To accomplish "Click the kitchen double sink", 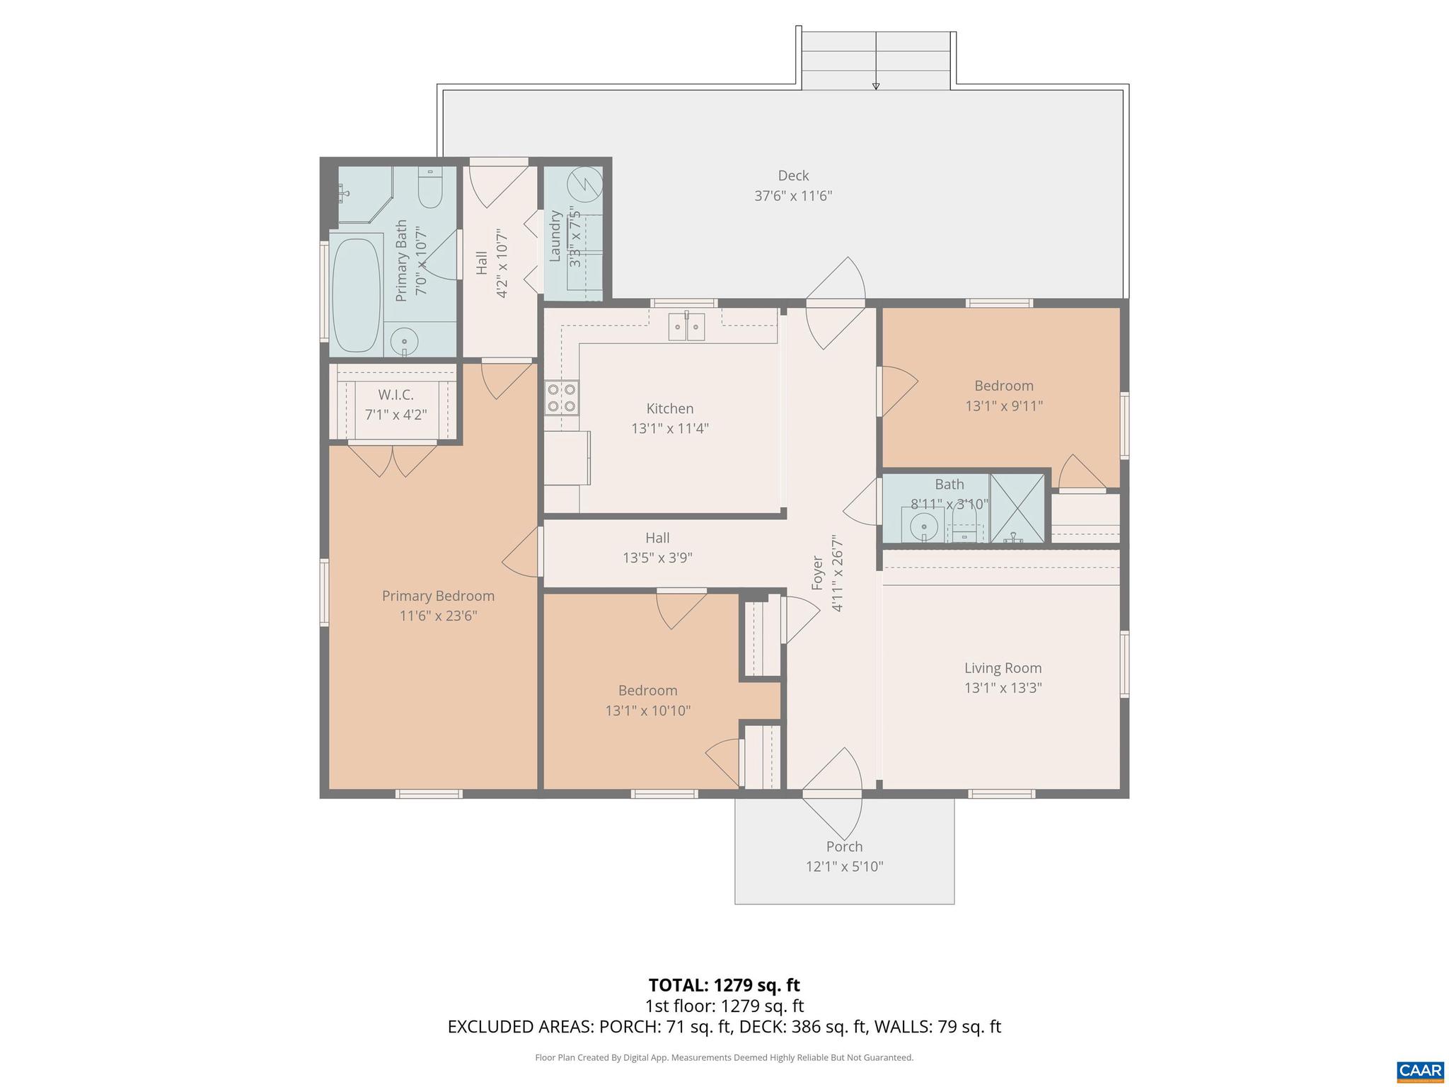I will pos(687,327).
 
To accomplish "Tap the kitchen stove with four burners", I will pos(561,397).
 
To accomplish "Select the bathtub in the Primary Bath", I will pos(356,295).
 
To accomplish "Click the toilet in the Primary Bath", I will pos(429,188).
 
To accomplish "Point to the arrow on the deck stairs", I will pos(876,85).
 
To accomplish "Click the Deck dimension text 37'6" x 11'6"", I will pos(793,195).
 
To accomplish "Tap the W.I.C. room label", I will pos(396,395).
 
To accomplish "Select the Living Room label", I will pos(1003,668).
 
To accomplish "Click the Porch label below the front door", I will pos(844,846).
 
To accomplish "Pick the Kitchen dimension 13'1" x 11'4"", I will pos(669,428).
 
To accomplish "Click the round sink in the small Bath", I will pos(923,526).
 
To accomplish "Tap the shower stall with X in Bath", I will pos(1017,508).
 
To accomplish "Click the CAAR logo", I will pos(1421,1069).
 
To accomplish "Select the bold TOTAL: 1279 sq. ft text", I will pos(724,985).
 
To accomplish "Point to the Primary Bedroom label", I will pos(438,596).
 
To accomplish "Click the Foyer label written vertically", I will pos(818,573).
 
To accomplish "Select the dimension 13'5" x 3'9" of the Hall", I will pos(657,558).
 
